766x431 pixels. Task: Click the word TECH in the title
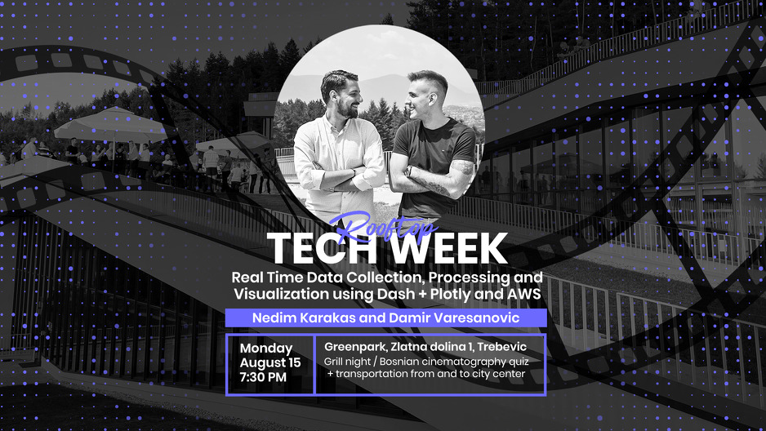point(323,248)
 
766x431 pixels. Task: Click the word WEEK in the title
point(447,248)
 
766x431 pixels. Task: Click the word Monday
point(265,349)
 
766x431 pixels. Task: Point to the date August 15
point(270,362)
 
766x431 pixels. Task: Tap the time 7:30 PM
point(263,377)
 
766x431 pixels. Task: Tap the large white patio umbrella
point(111,126)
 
